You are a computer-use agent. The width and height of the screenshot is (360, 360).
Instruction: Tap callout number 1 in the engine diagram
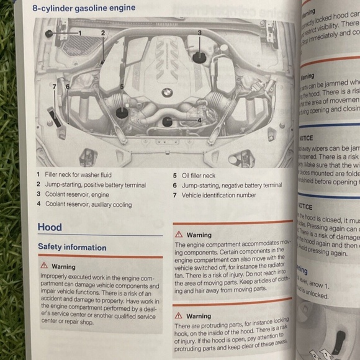point(79,32)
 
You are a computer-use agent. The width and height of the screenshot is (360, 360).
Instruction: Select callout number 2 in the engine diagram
point(103,32)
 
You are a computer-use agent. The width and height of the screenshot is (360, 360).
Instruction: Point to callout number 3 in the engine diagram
point(199,32)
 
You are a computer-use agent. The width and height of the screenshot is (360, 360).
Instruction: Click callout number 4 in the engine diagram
point(199,120)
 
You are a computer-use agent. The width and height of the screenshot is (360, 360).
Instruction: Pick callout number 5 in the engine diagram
point(122,87)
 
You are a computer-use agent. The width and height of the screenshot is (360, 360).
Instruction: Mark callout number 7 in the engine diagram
point(55,86)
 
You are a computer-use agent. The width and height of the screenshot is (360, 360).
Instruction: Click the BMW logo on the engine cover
point(166,92)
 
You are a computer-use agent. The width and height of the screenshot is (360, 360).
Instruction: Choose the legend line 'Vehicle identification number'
point(218,195)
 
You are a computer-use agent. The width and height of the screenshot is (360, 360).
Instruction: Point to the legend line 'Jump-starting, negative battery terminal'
point(232,185)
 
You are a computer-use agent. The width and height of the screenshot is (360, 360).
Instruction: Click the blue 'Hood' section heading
point(50,227)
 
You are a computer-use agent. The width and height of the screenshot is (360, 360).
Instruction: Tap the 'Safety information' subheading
point(72,247)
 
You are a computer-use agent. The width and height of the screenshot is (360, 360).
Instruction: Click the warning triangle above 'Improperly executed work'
point(43,266)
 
